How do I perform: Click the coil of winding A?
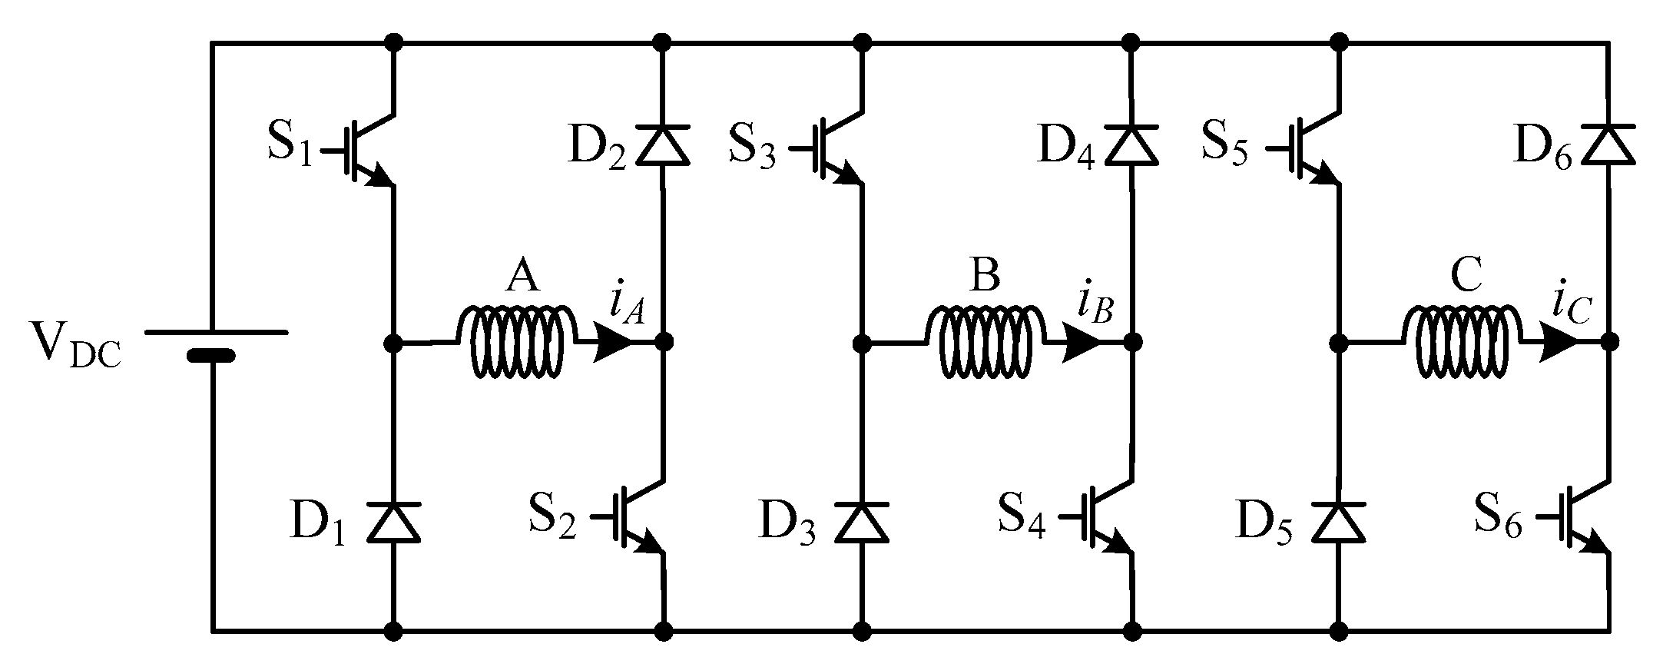click(x=516, y=342)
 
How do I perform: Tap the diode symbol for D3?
click(x=861, y=522)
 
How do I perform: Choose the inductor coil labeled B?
click(x=986, y=342)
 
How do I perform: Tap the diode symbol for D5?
click(x=1338, y=522)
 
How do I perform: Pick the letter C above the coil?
click(x=1466, y=277)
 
